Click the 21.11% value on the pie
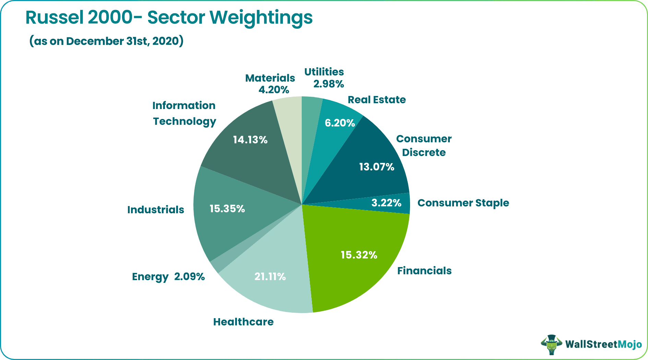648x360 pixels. [270, 277]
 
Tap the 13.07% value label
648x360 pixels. [376, 167]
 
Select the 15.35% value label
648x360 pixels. [227, 209]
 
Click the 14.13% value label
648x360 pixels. [250, 140]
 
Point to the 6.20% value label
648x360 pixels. [339, 123]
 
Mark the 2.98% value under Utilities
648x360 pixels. [328, 84]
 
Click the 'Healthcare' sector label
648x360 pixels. [243, 322]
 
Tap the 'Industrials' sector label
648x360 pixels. [156, 210]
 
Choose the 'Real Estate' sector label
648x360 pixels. [376, 100]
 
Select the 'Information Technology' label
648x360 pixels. [184, 113]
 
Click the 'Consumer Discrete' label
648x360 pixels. [424, 146]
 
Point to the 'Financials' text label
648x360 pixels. [424, 271]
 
